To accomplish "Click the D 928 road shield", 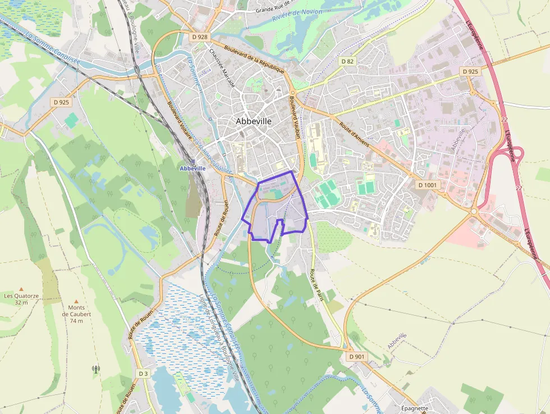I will tap(199, 37).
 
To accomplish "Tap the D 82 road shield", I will tap(347, 61).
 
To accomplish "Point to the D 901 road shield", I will tap(356, 356).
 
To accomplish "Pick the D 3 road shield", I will tap(143, 374).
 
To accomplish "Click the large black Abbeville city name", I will tap(254, 121).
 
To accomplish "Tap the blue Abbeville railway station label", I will tap(192, 168).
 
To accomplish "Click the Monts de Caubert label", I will tap(76, 314).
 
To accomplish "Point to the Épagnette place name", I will tap(415, 408).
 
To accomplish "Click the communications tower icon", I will tap(95, 369).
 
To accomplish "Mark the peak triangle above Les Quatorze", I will tap(21, 288).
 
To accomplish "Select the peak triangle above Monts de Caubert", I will tap(76, 301).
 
